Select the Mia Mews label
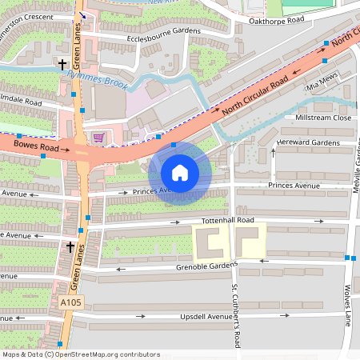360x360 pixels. [323, 82]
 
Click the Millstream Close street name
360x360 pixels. [323, 118]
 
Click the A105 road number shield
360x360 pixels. [70, 302]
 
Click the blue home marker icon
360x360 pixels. [179, 173]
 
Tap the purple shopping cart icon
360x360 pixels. [98, 137]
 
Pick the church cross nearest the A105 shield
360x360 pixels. [70, 247]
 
